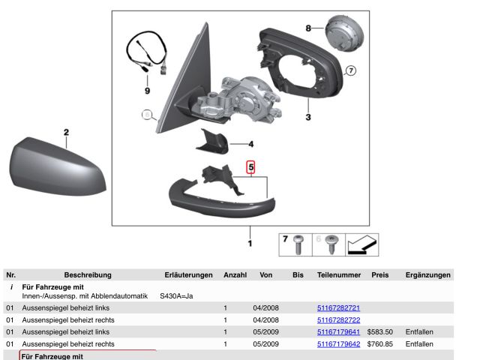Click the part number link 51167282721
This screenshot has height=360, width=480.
339,308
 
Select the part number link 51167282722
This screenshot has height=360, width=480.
339,320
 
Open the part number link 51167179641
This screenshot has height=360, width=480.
339,332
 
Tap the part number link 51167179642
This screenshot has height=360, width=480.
339,344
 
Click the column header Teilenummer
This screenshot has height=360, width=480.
339,275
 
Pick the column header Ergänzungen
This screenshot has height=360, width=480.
427,275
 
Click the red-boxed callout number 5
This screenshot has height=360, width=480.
252,168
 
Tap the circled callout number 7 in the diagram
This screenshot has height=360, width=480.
351,71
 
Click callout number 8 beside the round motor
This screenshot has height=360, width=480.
308,28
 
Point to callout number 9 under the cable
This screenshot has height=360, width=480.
147,91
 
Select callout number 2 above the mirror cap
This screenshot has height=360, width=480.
66,133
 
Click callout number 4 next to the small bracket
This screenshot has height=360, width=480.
251,143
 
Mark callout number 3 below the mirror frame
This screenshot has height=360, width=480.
307,118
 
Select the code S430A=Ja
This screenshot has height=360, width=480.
176,296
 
